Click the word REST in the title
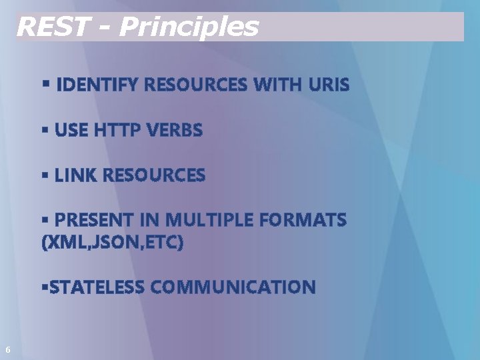51,27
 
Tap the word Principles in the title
188,27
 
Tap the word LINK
77,175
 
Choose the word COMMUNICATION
233,287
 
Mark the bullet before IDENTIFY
45,84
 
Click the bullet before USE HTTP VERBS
45,129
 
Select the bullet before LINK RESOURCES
45,174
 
